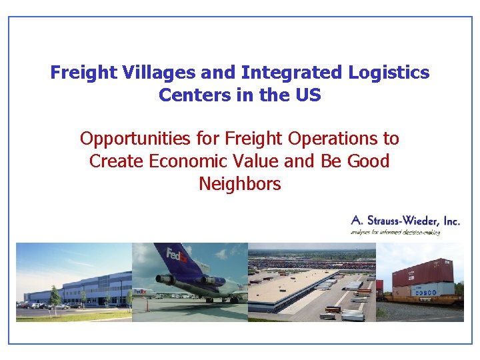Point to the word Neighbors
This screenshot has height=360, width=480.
coord(239,183)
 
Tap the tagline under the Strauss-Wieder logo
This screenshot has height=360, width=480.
coord(397,233)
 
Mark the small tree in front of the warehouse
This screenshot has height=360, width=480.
coord(55,295)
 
